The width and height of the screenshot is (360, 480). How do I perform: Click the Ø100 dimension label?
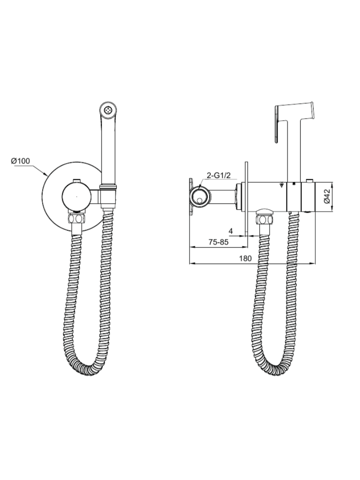(x=20, y=161)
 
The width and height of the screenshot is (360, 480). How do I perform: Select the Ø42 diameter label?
(x=327, y=196)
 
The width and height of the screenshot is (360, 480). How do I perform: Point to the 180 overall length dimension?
(x=245, y=259)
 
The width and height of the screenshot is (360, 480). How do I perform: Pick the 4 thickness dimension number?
(x=231, y=231)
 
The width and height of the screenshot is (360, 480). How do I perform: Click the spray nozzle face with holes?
(x=108, y=109)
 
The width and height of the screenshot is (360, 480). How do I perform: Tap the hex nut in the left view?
(x=76, y=218)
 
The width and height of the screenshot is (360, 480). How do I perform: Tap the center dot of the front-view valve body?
(x=76, y=197)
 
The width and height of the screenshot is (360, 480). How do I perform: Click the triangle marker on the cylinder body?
(x=282, y=185)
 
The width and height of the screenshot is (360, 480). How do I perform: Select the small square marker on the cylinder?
(x=294, y=184)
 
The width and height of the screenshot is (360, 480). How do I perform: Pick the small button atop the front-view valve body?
(x=76, y=180)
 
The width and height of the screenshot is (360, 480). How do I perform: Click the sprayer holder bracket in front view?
(x=108, y=197)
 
